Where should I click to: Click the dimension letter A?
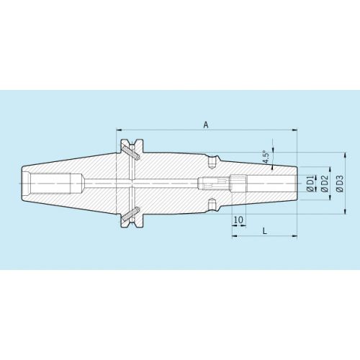(206, 125)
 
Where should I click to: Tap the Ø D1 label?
(310, 184)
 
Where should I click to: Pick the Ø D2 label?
(324, 184)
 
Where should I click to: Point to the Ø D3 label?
(338, 184)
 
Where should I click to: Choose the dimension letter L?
(264, 230)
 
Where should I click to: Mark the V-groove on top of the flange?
(132, 142)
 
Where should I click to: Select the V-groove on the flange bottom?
(132, 225)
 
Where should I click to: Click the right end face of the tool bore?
(296, 184)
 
